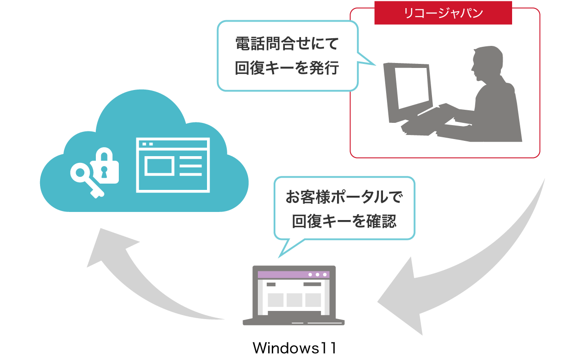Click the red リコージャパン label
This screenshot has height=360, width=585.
pyautogui.click(x=443, y=13)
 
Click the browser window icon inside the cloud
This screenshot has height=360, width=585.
pyautogui.click(x=173, y=165)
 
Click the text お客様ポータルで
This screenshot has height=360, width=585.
pyautogui.click(x=344, y=198)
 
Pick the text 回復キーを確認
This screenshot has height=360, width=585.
pyautogui.click(x=344, y=221)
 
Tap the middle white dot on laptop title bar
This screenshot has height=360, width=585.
pyautogui.click(x=317, y=274)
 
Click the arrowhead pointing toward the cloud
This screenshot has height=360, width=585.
pyautogui.click(x=108, y=247)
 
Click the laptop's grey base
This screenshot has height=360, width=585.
pyautogui.click(x=293, y=322)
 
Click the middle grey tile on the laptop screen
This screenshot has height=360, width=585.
pyautogui.click(x=294, y=300)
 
